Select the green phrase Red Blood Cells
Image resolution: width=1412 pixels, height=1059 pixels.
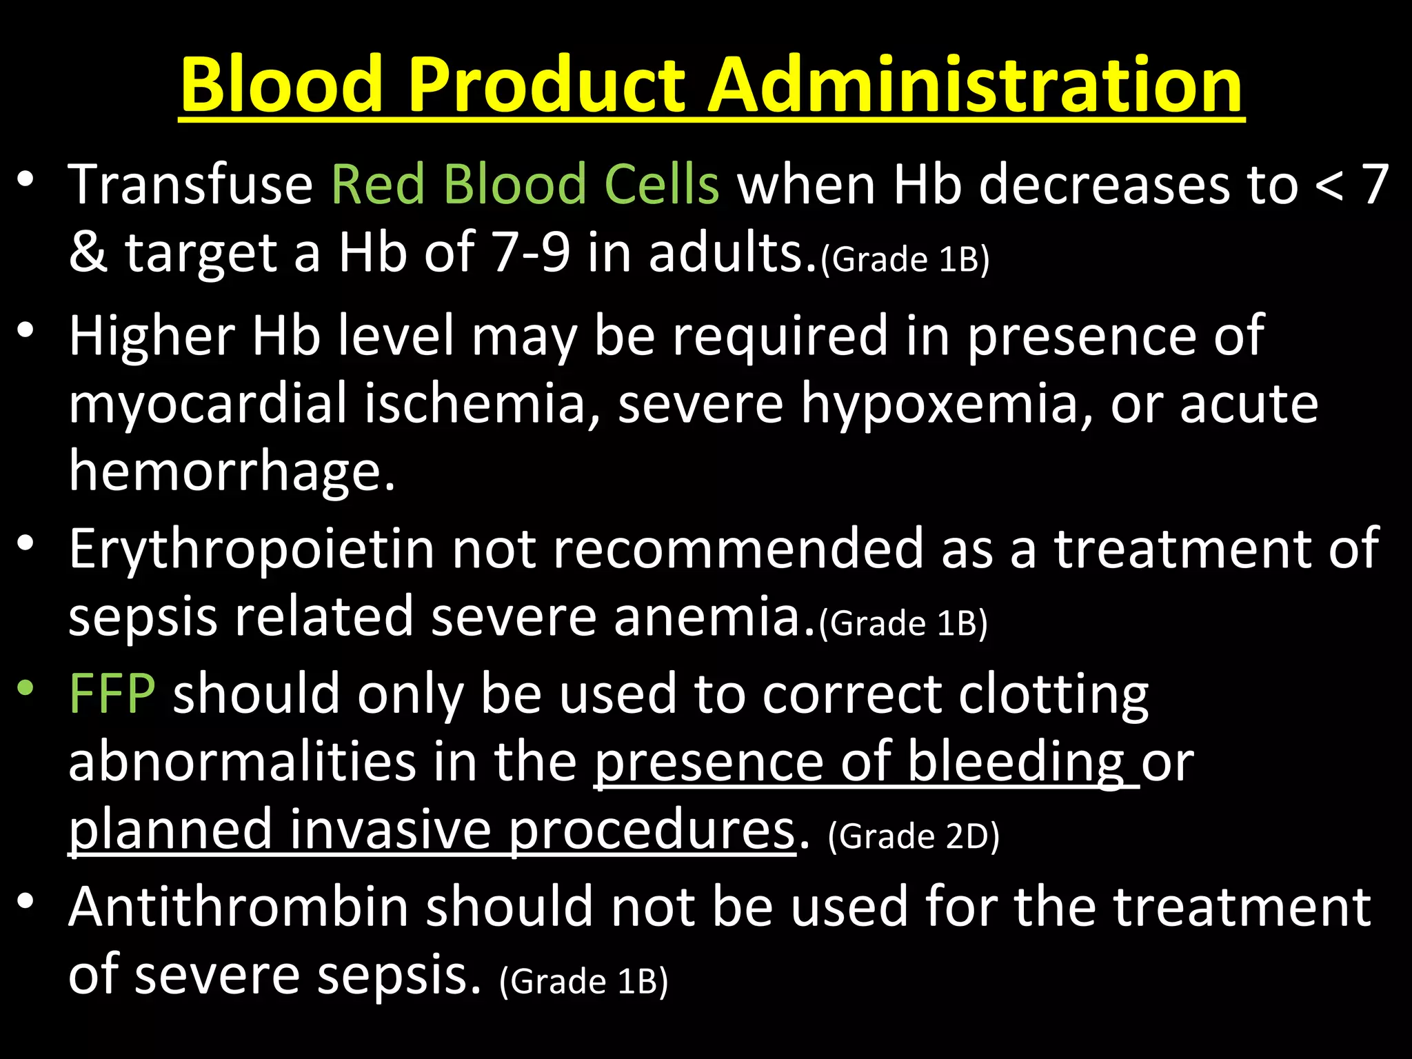525,185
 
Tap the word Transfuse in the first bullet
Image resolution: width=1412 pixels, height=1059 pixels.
191,185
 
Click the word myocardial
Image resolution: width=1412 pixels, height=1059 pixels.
208,404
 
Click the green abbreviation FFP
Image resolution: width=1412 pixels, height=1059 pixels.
112,694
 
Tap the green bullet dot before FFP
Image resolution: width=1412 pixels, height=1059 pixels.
26,687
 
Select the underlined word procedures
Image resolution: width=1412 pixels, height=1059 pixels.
652,830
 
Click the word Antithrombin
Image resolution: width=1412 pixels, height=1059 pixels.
239,907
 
